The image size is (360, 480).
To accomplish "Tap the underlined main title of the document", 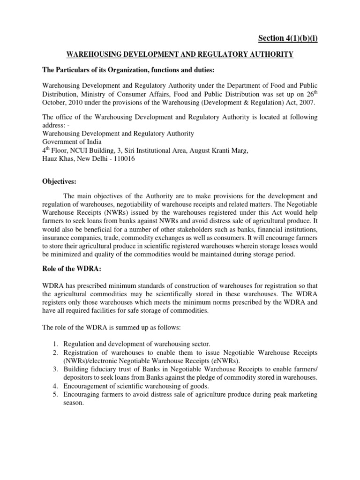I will [x=180, y=55].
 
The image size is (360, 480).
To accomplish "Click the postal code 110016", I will [x=126, y=159].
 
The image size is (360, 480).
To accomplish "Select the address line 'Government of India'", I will [x=72, y=142].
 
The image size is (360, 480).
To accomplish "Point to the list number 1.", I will [x=56, y=345].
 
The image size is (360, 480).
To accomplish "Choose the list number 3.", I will [x=56, y=369].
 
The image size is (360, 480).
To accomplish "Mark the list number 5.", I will [x=56, y=395].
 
